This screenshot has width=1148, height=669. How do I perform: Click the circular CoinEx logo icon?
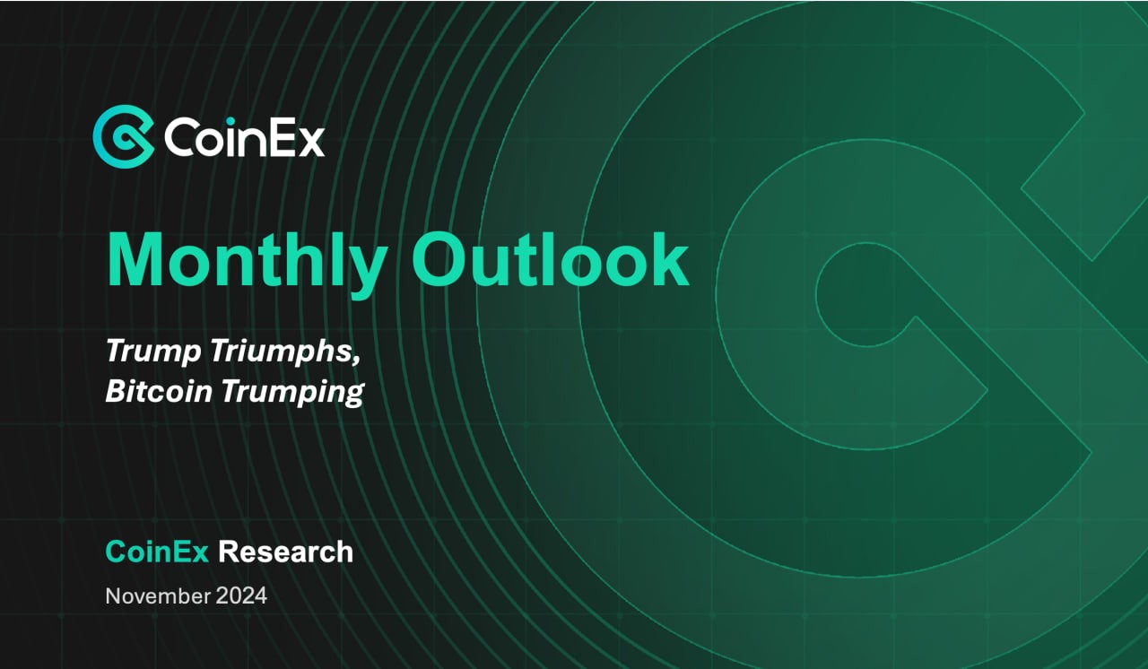(x=124, y=137)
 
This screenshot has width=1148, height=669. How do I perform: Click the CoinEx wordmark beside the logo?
(x=245, y=138)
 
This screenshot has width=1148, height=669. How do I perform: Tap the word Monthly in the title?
(x=247, y=262)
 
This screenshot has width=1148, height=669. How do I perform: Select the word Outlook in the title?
(x=551, y=258)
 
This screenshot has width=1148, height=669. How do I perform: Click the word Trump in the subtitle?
(x=153, y=352)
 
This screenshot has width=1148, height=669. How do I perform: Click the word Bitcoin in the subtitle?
(x=159, y=390)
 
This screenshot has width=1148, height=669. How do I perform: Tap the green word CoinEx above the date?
(x=157, y=552)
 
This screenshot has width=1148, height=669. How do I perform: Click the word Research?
(x=286, y=552)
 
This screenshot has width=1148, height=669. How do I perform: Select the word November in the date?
(x=158, y=596)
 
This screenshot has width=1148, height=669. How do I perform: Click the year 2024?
(x=241, y=596)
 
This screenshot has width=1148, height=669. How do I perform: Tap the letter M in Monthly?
(x=135, y=259)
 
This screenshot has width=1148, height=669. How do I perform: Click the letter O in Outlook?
(x=439, y=258)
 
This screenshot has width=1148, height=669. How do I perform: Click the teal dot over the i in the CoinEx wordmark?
(x=230, y=121)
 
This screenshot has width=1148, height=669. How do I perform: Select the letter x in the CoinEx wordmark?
(x=309, y=143)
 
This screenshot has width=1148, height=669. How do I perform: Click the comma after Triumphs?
(x=356, y=360)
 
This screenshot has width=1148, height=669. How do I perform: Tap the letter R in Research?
(x=230, y=552)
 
